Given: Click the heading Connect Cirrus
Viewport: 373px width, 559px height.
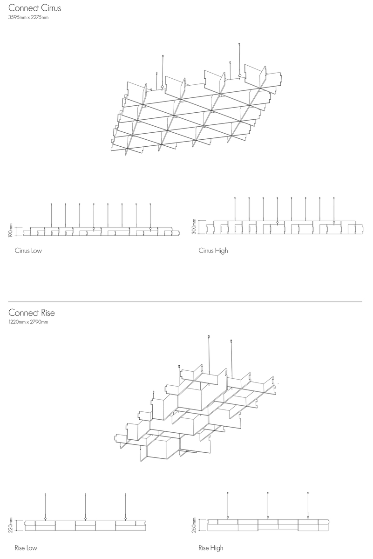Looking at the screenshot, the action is click(34, 8).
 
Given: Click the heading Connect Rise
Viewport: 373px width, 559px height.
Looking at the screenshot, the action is click(32, 313).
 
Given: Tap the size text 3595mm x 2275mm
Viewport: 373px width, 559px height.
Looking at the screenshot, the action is click(28, 18).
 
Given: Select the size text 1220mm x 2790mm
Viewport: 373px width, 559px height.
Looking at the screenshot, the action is click(28, 322).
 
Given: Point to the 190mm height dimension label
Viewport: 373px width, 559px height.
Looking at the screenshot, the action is click(11, 230).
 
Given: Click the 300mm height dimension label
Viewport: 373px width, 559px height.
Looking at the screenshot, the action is click(194, 226).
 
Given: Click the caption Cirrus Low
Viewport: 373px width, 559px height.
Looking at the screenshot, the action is click(28, 251).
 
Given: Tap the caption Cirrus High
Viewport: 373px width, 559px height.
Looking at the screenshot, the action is click(213, 251).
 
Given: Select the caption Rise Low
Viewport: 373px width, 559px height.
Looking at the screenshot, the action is click(26, 548).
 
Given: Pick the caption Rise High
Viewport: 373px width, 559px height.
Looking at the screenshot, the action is click(211, 548).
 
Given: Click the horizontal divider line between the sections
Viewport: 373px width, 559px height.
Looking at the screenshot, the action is click(185, 302).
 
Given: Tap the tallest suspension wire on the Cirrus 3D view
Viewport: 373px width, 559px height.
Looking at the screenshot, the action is click(239, 60).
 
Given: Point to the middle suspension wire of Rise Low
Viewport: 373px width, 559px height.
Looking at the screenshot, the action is click(85, 505).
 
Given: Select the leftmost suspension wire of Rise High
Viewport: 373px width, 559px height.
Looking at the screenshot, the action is click(228, 504).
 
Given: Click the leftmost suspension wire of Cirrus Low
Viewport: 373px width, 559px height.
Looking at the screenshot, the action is click(51, 215).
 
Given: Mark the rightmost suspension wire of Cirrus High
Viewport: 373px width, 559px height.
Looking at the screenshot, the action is click(334, 210).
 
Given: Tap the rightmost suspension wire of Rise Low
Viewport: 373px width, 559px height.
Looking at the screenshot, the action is click(126, 505).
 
